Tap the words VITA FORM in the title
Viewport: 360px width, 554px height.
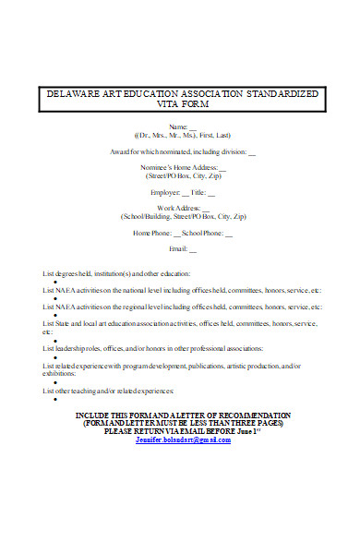(181, 104)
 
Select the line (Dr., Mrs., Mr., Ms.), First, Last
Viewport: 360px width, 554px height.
(180, 134)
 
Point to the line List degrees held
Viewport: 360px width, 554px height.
(116, 274)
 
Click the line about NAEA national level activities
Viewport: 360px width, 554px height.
(182, 290)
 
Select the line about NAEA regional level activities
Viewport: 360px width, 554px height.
(182, 307)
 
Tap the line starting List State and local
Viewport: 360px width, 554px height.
(180, 323)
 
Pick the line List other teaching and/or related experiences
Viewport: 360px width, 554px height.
(108, 391)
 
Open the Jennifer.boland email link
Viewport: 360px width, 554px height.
(183, 440)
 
